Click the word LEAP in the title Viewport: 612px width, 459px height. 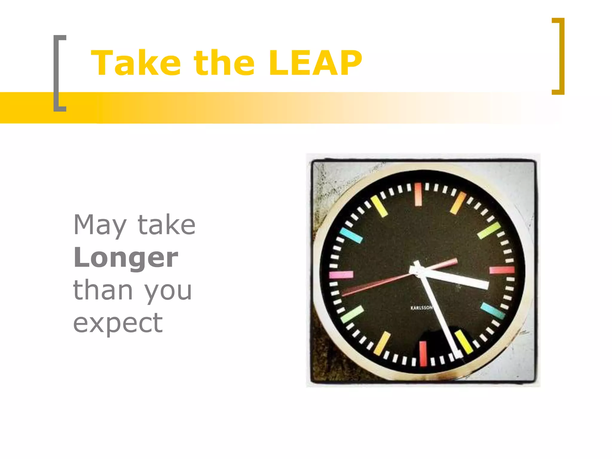tap(315, 63)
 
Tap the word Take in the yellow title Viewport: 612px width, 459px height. tap(136, 63)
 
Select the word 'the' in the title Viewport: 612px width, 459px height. tap(224, 63)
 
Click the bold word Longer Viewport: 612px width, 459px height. tap(126, 258)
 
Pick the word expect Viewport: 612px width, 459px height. tap(118, 323)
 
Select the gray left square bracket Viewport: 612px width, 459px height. tap(59, 73)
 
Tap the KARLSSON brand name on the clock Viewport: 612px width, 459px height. tap(421, 308)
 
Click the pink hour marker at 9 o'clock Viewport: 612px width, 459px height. tap(341, 275)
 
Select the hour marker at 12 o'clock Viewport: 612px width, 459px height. tap(418, 194)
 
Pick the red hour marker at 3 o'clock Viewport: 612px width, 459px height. tap(502, 270)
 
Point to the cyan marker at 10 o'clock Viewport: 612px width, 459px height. tap(351, 235)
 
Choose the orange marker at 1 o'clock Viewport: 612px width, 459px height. tap(458, 203)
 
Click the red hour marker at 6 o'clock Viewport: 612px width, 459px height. tap(423, 354)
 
